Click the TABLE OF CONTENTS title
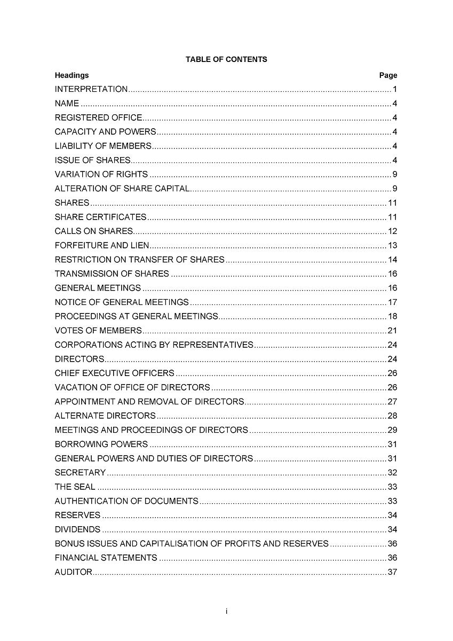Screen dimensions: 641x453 (x=226, y=59)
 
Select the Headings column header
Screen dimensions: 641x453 (x=71, y=75)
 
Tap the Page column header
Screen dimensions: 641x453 (x=388, y=75)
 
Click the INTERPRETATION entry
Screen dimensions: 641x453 (x=91, y=89)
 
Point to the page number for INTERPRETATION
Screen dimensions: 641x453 (x=394, y=89)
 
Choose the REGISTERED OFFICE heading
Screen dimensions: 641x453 (x=98, y=118)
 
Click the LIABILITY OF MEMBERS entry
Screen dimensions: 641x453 (x=103, y=146)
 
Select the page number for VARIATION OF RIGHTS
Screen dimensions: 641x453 (x=394, y=174)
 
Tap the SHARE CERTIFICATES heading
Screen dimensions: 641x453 (x=100, y=217)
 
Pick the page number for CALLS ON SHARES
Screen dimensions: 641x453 (x=392, y=231)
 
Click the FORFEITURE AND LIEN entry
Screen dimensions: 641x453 (x=102, y=246)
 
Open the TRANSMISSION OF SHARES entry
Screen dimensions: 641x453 (x=112, y=274)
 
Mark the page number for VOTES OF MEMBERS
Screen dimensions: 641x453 (x=392, y=331)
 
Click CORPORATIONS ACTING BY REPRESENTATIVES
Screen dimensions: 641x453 (x=154, y=345)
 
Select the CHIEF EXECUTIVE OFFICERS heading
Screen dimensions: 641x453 (x=115, y=373)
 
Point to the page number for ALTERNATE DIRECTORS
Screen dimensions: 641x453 (x=392, y=416)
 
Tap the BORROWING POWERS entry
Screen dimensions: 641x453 (x=101, y=444)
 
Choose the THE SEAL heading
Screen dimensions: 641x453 (x=75, y=487)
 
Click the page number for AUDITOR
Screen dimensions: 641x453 (x=392, y=572)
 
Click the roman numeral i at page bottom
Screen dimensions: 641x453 (x=226, y=611)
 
